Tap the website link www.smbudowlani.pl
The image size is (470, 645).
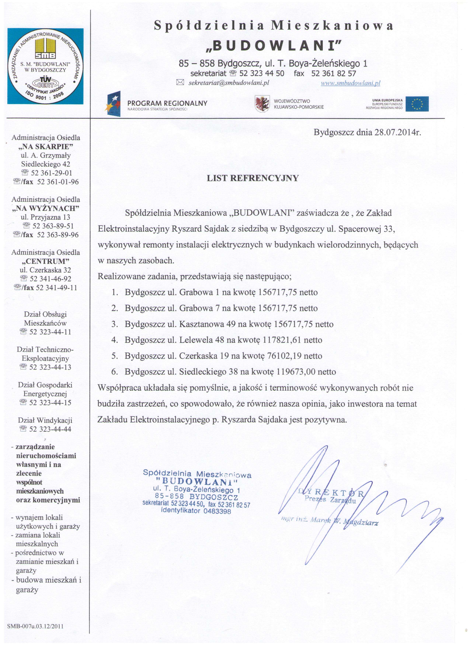tap(351, 83)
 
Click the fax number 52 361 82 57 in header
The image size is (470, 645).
tap(333, 73)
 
